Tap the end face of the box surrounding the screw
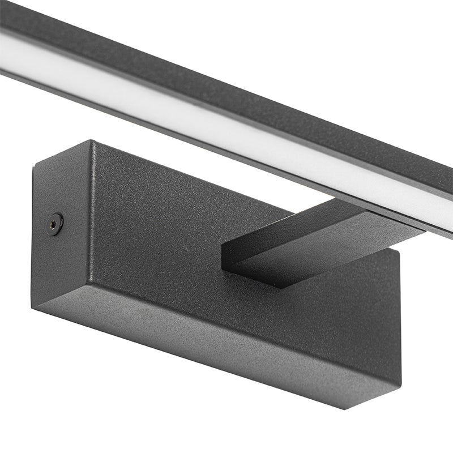click(x=59, y=255)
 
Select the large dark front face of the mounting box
click(x=170, y=243)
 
